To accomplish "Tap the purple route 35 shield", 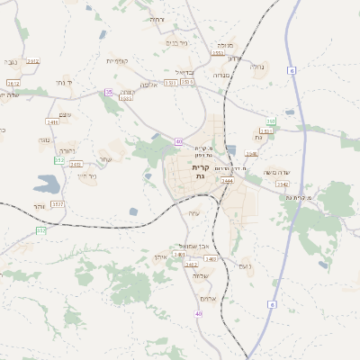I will (x=109, y=92).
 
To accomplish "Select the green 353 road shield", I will (x=58, y=160).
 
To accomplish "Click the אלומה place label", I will (x=148, y=85).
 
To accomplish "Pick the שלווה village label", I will (x=200, y=276).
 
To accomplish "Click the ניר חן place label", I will (x=87, y=175).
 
